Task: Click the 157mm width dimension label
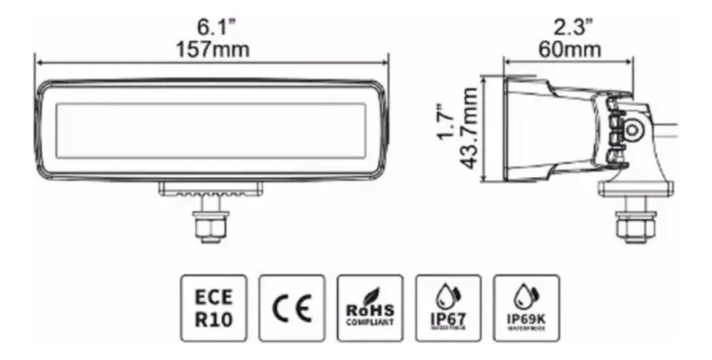212,50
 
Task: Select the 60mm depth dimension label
569,50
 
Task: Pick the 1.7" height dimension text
446,122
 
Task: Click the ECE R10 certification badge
214,308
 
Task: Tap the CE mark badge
292,308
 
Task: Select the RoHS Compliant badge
370,308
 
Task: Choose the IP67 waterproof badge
448,308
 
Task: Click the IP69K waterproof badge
526,308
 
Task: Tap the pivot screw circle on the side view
635,129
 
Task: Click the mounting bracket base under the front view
210,189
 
